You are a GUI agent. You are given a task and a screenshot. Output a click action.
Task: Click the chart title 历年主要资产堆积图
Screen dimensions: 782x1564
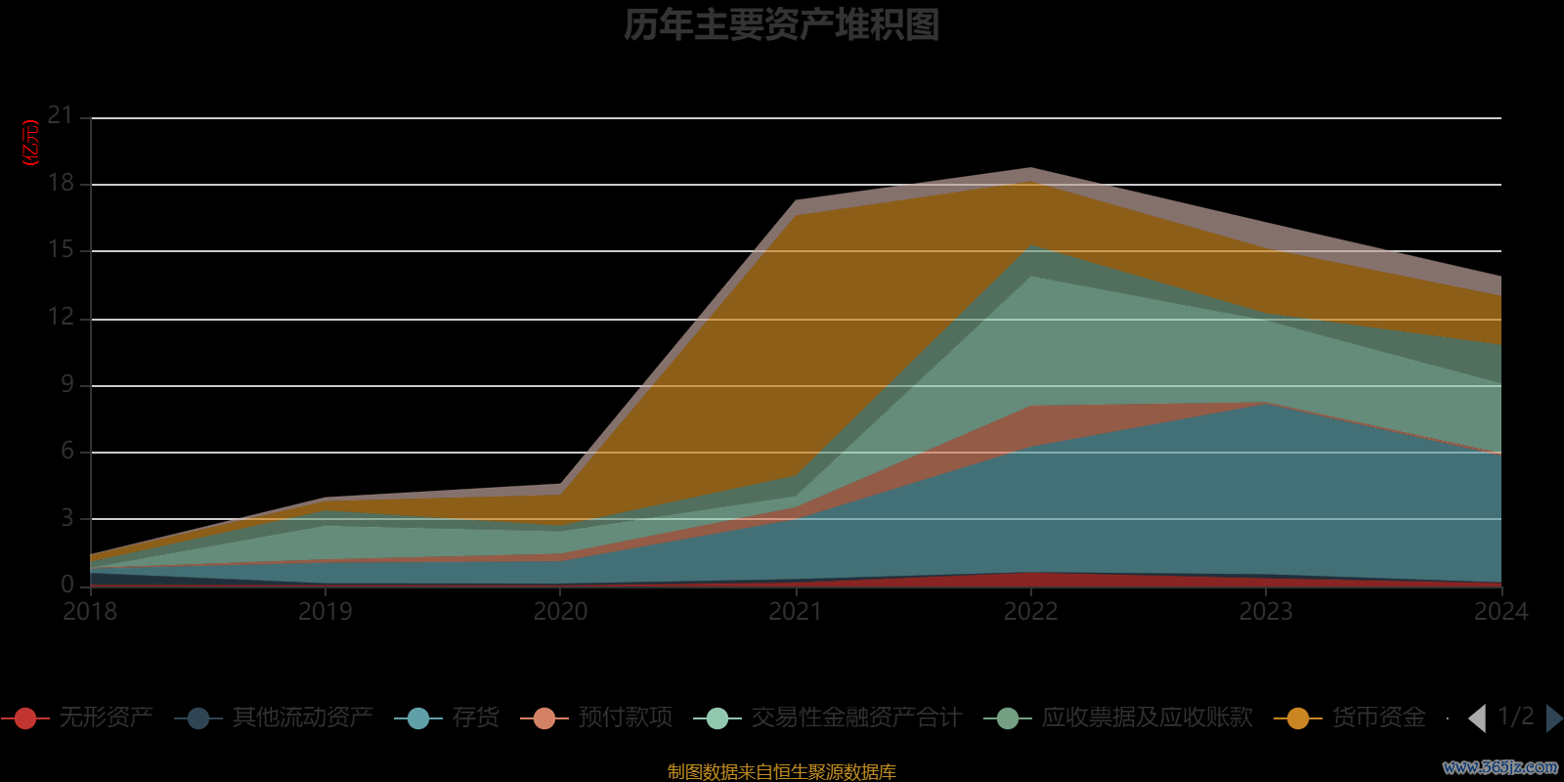781,24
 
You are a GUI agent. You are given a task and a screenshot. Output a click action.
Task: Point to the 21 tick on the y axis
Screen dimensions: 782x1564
61,116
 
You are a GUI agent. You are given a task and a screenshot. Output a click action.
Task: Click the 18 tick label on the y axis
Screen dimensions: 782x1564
61,183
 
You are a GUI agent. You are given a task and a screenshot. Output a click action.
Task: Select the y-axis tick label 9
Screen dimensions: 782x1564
66,384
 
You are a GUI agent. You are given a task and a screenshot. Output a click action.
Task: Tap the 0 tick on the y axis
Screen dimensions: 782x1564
66,585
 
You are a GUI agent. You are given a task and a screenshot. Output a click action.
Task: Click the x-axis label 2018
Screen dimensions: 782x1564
90,612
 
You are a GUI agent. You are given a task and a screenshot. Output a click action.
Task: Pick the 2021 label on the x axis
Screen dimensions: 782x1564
796,612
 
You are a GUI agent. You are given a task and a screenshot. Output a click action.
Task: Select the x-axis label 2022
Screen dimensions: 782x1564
1030,612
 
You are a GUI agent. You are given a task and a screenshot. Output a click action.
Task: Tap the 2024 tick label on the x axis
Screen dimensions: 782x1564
1500,612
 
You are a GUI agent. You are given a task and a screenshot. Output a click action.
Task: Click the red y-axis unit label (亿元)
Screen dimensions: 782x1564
30,143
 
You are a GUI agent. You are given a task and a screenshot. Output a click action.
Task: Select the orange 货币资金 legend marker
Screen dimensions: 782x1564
1298,718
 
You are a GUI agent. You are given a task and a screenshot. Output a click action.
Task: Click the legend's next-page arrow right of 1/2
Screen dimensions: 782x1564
1553,718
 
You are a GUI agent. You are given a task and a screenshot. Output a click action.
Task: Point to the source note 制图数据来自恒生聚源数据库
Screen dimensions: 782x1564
781,772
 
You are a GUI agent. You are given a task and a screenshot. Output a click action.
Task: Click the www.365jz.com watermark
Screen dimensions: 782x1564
1500,767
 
